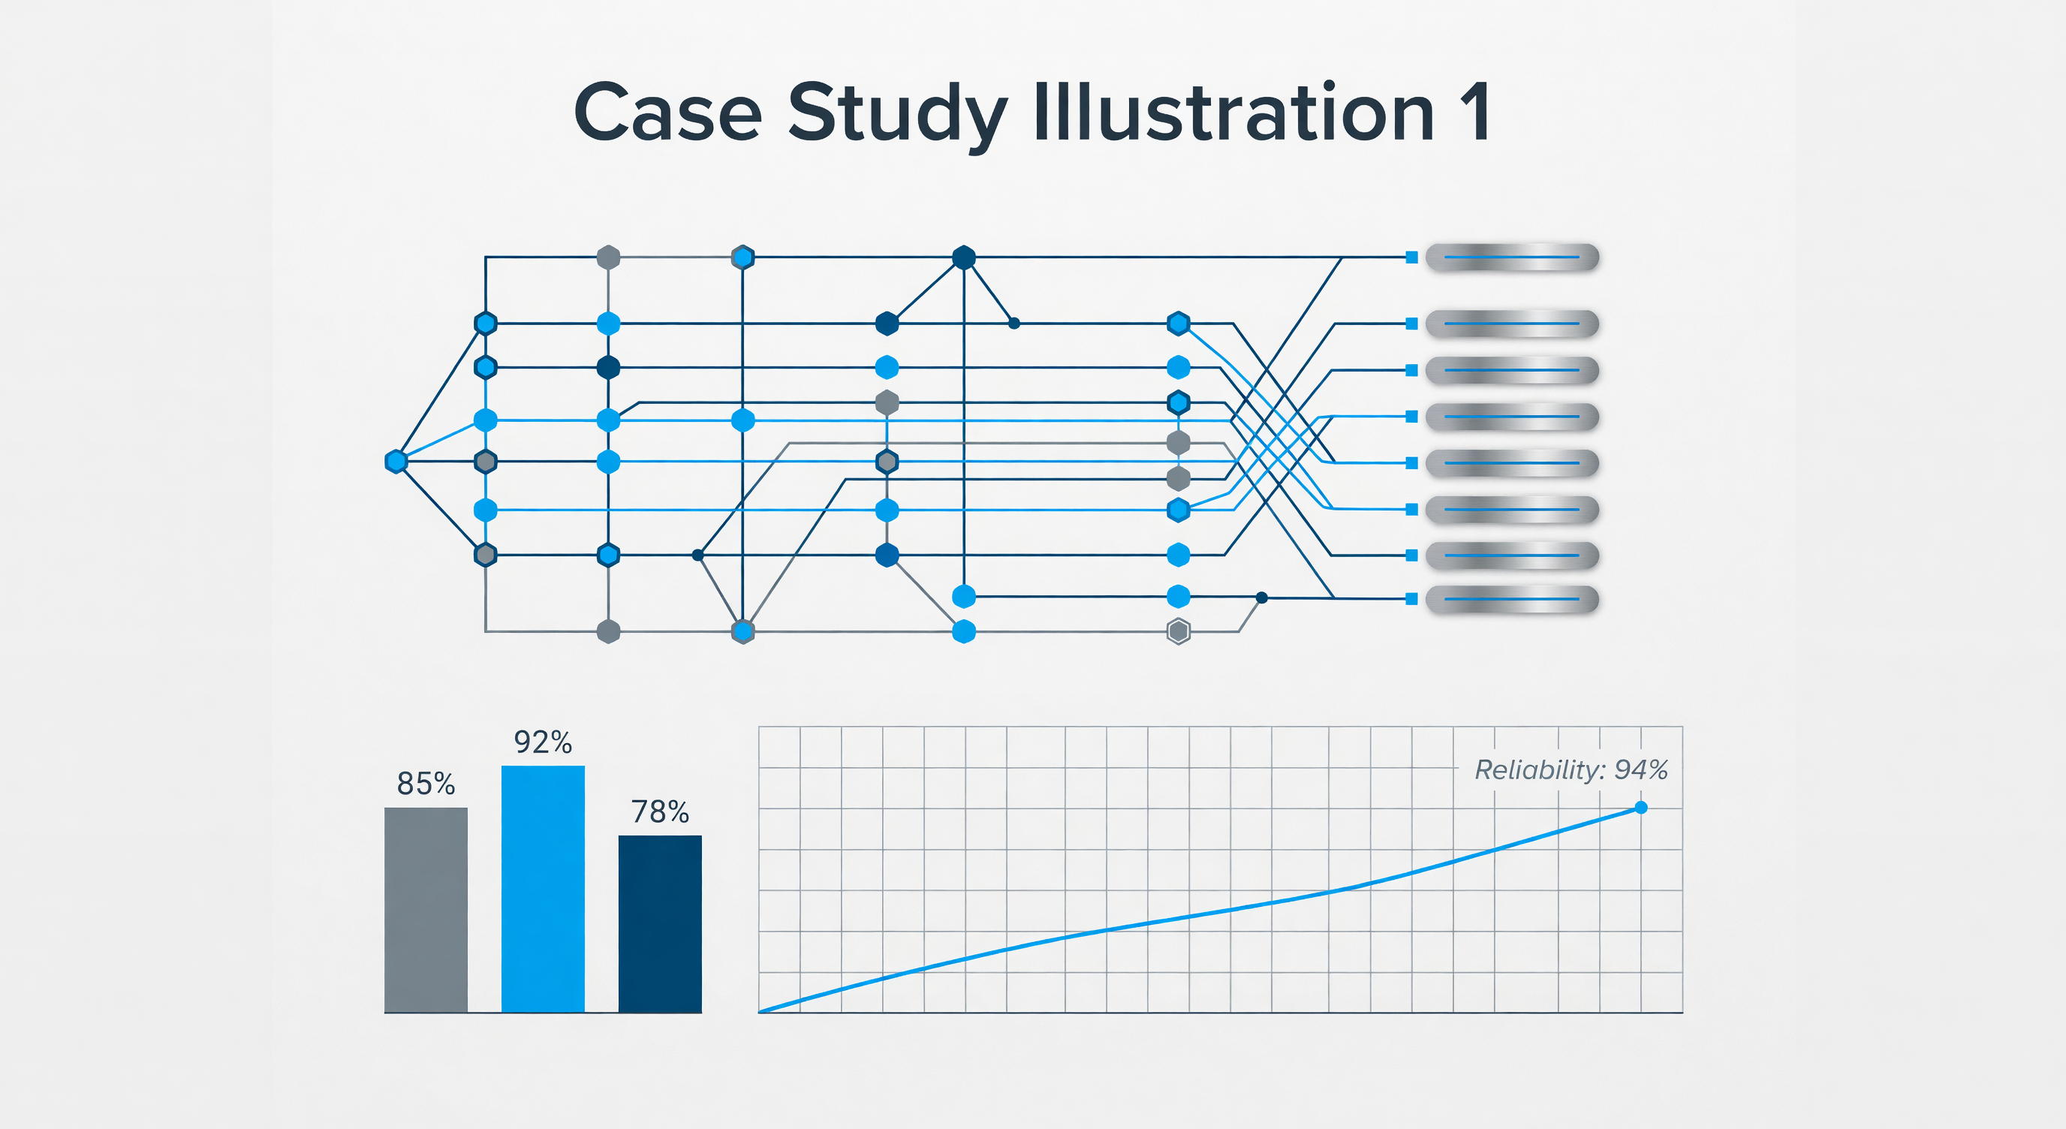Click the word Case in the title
click(667, 113)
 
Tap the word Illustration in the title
click(1233, 113)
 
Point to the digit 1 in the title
click(1474, 113)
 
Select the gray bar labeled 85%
click(426, 910)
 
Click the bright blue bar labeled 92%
click(543, 890)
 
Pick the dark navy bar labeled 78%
click(660, 924)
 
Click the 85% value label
click(426, 784)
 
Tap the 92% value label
click(543, 742)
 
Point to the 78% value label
click(660, 812)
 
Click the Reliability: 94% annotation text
click(1571, 769)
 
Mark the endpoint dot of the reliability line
click(1641, 808)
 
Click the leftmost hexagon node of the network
click(396, 462)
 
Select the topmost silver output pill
click(1512, 257)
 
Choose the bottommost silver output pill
click(1512, 599)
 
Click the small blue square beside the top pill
click(1411, 257)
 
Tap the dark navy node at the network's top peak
click(964, 257)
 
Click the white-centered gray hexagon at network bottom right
click(1178, 632)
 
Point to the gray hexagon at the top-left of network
click(609, 257)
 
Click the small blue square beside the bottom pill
click(1411, 599)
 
